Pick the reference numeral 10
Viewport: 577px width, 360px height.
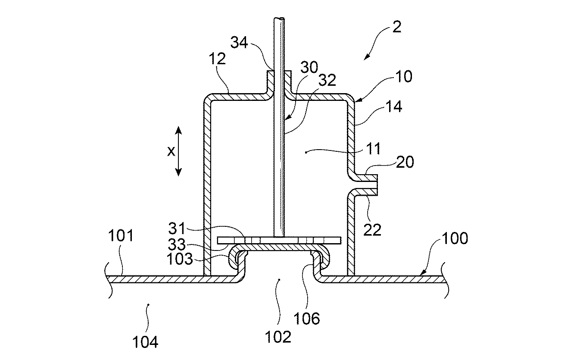[x=402, y=76]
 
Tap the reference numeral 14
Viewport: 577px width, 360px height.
[x=393, y=106]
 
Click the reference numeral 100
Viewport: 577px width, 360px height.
[x=455, y=238]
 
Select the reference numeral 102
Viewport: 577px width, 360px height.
[x=278, y=336]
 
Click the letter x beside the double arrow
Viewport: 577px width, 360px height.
[x=171, y=151]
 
